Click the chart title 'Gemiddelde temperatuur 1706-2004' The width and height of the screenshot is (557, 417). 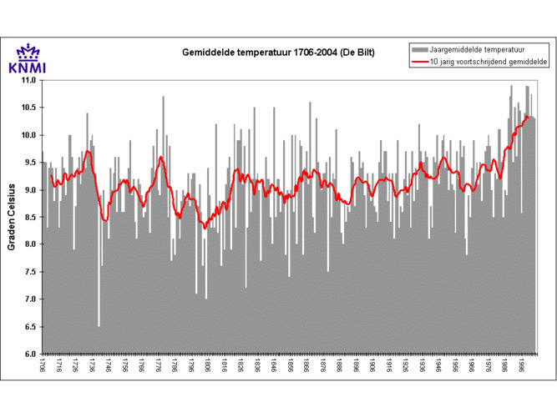[x=278, y=53]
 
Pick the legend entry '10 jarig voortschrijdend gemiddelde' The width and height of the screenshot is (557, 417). [x=488, y=62]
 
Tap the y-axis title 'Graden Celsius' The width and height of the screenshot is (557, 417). [x=12, y=217]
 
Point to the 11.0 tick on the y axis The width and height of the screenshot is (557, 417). [x=28, y=81]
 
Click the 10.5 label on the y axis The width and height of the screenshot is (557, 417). [x=28, y=108]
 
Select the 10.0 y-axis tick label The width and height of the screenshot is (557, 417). [x=28, y=135]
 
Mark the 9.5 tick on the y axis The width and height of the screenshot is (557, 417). [x=30, y=163]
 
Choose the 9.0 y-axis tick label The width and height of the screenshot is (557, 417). [x=30, y=190]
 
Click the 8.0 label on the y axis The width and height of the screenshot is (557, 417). [x=30, y=244]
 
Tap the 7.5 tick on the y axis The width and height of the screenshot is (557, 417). [x=30, y=272]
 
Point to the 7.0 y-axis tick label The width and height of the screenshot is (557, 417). [x=30, y=299]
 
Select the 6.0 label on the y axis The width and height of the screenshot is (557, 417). [x=30, y=354]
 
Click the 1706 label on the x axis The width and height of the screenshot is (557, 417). [x=43, y=368]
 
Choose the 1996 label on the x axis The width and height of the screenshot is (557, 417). [x=521, y=368]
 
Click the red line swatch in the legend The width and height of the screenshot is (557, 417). [x=418, y=62]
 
